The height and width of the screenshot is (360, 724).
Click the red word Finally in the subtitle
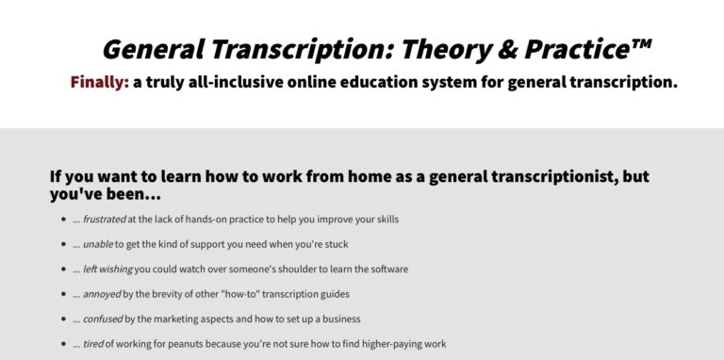[x=98, y=82]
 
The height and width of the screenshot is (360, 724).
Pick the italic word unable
[x=97, y=244]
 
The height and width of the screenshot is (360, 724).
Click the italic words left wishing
[x=107, y=269]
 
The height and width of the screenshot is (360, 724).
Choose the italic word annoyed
[x=102, y=294]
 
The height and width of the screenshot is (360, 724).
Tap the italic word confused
[x=103, y=319]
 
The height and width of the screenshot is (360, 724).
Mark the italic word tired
[x=92, y=344]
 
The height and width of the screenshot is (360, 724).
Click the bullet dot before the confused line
[x=63, y=319]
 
